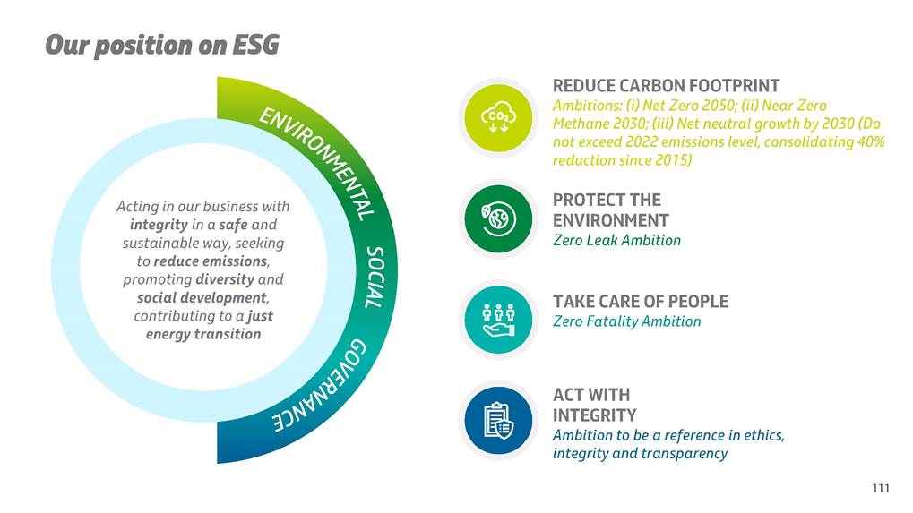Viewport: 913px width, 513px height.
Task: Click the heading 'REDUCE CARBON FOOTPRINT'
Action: click(666, 86)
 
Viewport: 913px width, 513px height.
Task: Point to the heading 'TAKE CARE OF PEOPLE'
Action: click(640, 302)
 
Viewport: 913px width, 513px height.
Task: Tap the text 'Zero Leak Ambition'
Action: click(616, 240)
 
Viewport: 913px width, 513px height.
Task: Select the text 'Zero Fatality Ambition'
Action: click(626, 321)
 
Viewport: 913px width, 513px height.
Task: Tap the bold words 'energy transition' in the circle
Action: click(202, 335)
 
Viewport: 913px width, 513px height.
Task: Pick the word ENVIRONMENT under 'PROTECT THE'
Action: click(610, 220)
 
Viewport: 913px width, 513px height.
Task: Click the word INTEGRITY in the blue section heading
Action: click(594, 415)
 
